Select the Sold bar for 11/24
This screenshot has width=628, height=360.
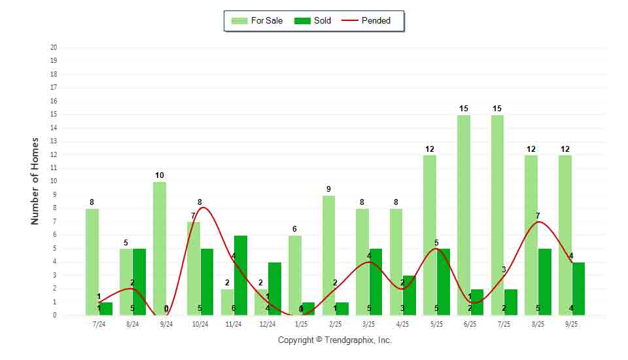click(240, 275)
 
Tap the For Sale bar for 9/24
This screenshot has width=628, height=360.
click(160, 248)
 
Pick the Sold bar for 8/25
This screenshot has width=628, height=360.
click(544, 281)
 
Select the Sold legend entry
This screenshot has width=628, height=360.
click(313, 21)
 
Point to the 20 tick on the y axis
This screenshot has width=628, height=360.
click(54, 47)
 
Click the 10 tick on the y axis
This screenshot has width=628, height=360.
click(54, 181)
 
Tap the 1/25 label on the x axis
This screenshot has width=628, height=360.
click(301, 324)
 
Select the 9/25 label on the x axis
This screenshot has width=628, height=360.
click(572, 324)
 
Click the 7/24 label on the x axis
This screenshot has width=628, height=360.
click(98, 324)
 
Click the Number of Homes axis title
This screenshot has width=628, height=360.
click(35, 181)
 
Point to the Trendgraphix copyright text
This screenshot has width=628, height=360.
click(334, 340)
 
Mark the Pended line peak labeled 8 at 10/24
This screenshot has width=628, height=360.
click(203, 208)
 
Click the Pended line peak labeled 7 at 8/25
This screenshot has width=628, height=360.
click(538, 222)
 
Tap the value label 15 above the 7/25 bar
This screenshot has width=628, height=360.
click(498, 109)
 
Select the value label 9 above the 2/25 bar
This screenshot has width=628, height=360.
click(328, 189)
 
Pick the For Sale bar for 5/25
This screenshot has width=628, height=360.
click(430, 235)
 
